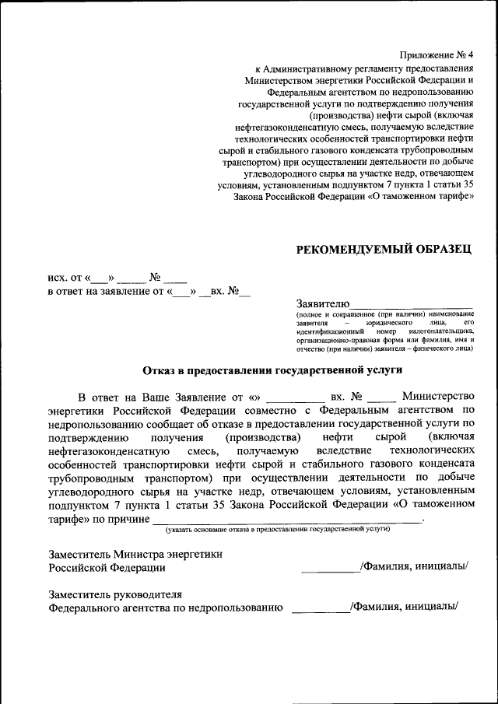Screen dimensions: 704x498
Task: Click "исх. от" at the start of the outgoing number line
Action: (x=66, y=277)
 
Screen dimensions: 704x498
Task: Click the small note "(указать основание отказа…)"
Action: (x=277, y=528)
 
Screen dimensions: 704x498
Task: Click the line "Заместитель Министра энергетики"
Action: (x=135, y=554)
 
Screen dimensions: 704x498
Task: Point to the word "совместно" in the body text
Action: (x=275, y=409)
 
